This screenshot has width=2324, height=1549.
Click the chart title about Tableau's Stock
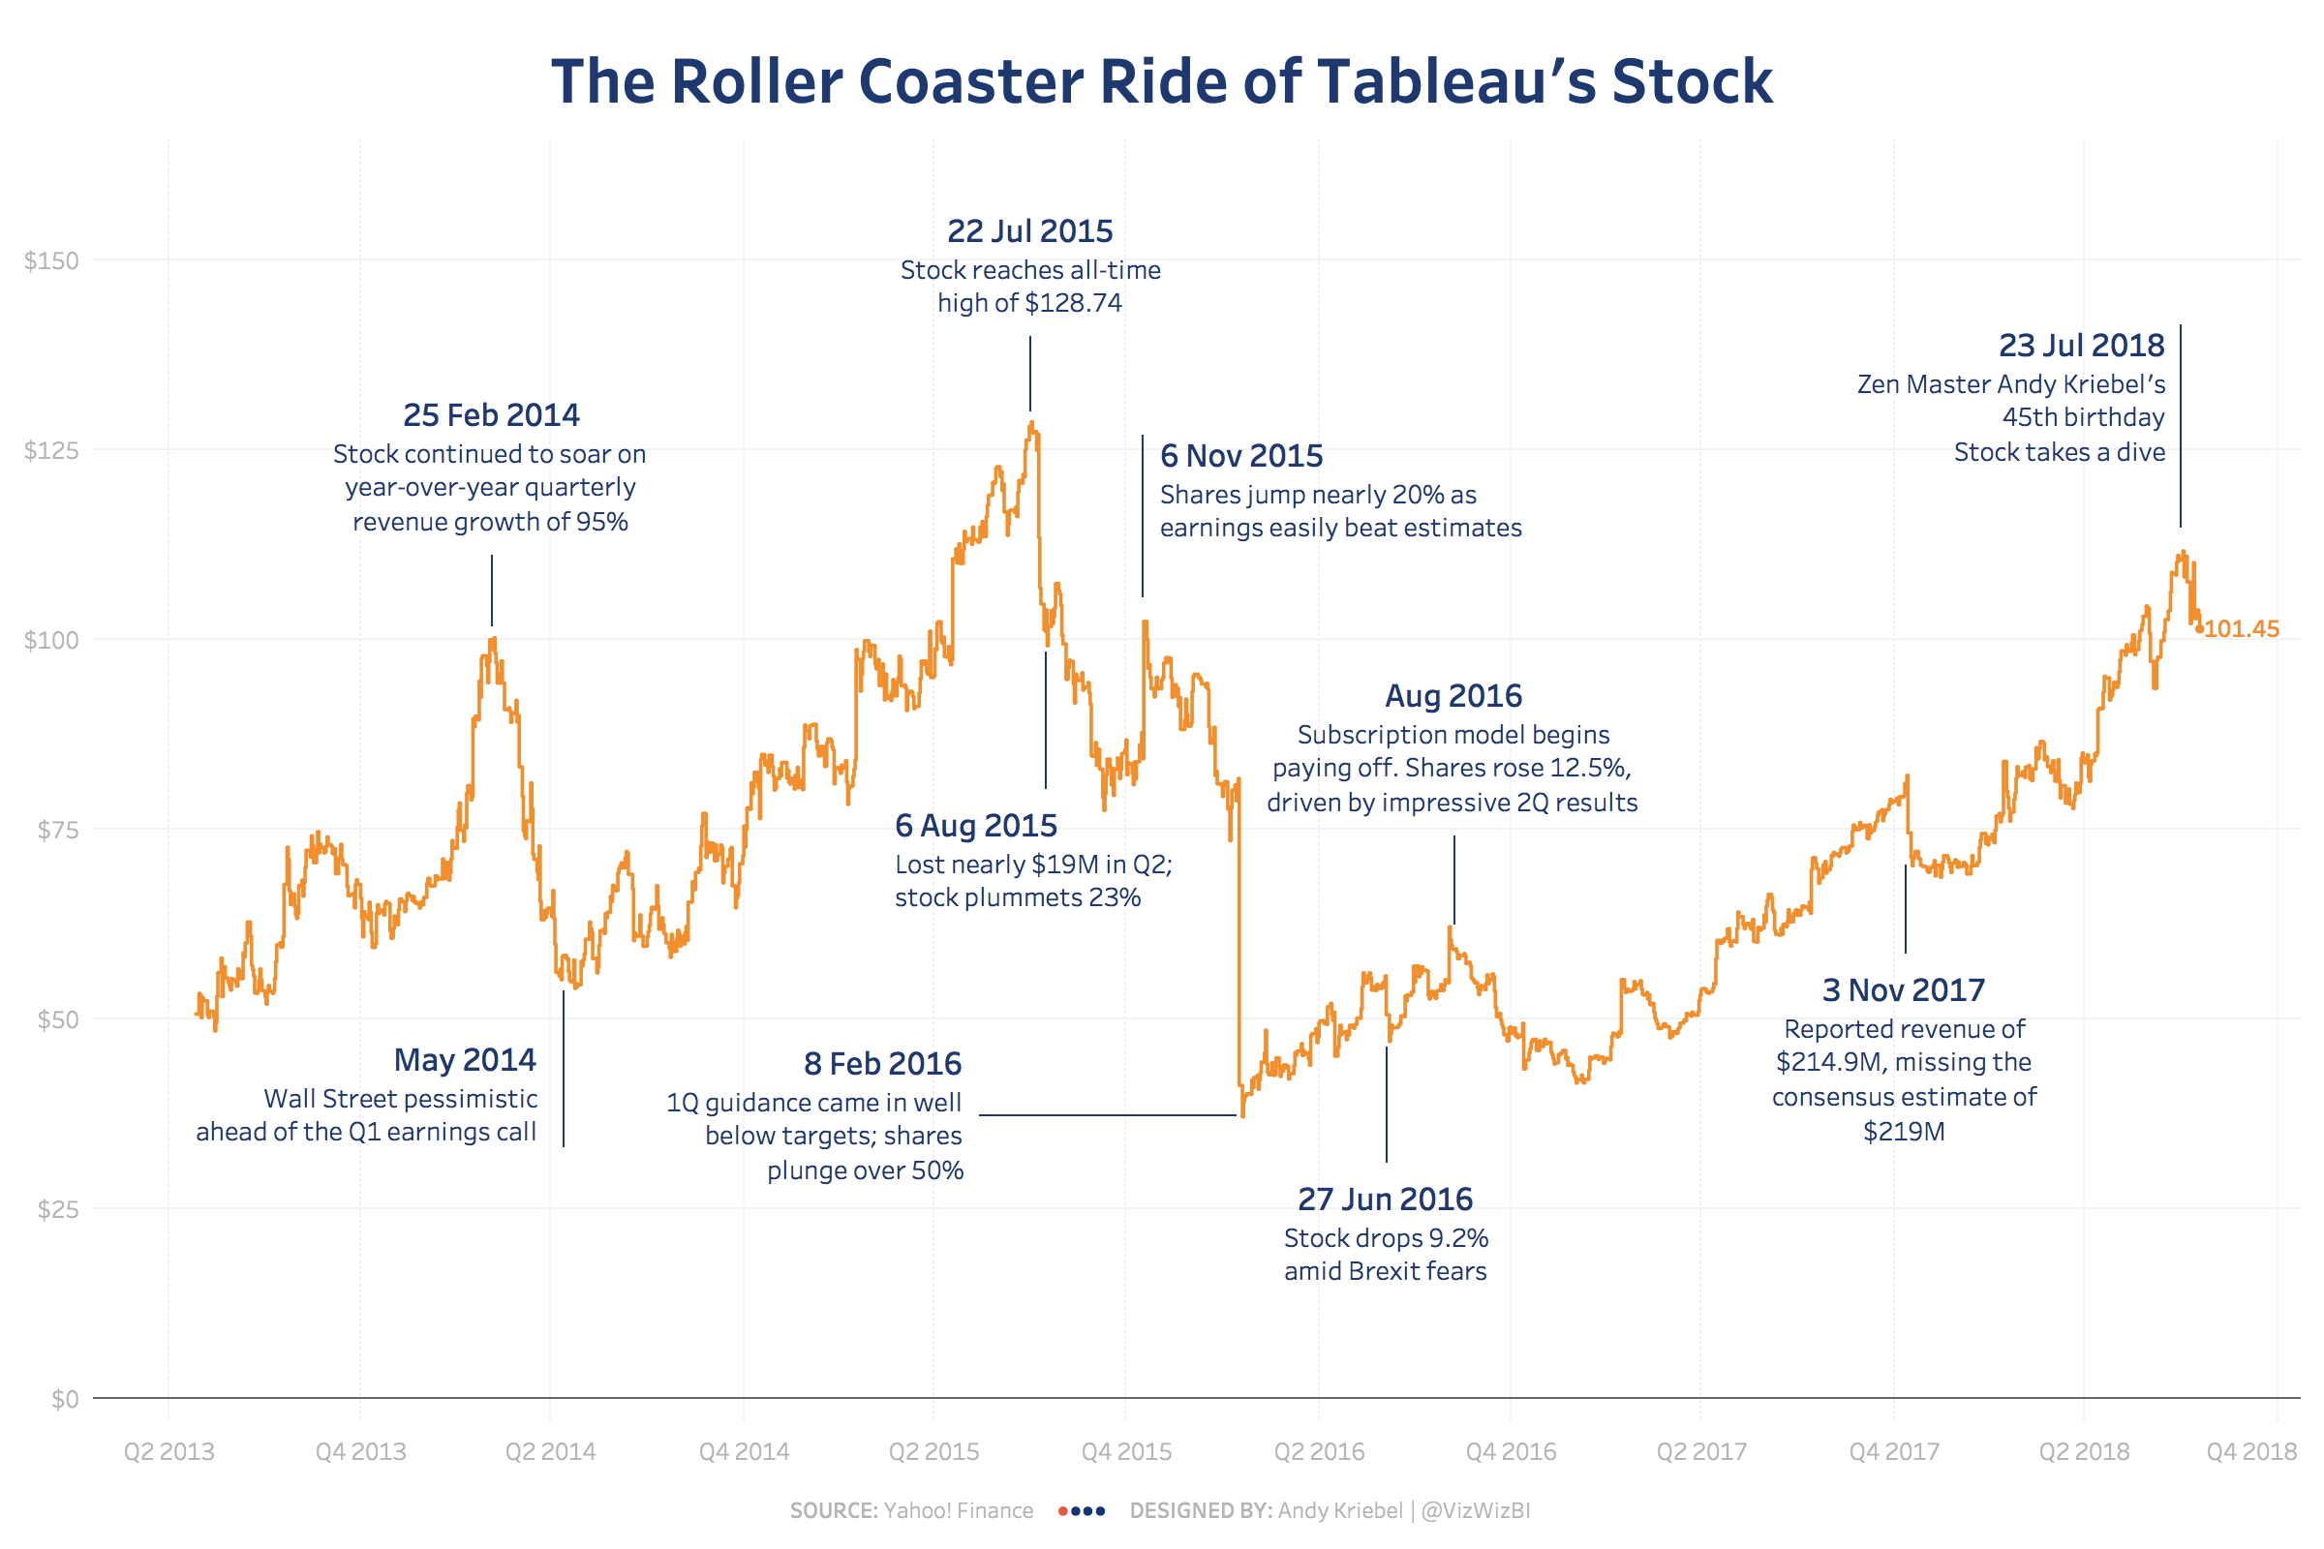[1162, 81]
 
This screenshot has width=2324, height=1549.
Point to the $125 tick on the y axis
[51, 450]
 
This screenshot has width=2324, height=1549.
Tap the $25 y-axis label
[57, 1209]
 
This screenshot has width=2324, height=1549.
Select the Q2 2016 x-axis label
[1318, 1451]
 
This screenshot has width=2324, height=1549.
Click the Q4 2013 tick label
[360, 1451]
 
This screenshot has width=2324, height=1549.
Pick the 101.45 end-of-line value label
[2241, 629]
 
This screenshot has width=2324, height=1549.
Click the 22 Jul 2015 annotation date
[1029, 231]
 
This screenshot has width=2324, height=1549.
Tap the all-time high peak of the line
[1031, 424]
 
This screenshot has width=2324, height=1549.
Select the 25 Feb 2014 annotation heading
[491, 415]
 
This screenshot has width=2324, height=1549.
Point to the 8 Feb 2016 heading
[882, 1064]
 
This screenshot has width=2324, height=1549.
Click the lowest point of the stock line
[1242, 1115]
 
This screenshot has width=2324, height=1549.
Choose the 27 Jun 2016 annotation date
[1386, 1200]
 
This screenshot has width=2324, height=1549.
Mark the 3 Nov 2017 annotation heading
[1903, 989]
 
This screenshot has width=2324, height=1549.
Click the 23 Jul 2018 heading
[2081, 346]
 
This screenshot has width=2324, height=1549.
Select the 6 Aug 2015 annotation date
[976, 826]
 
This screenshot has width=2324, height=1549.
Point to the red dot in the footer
[1062, 1510]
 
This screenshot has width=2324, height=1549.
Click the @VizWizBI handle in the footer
[1475, 1510]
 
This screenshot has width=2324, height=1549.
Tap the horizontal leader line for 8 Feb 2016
[1107, 1115]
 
